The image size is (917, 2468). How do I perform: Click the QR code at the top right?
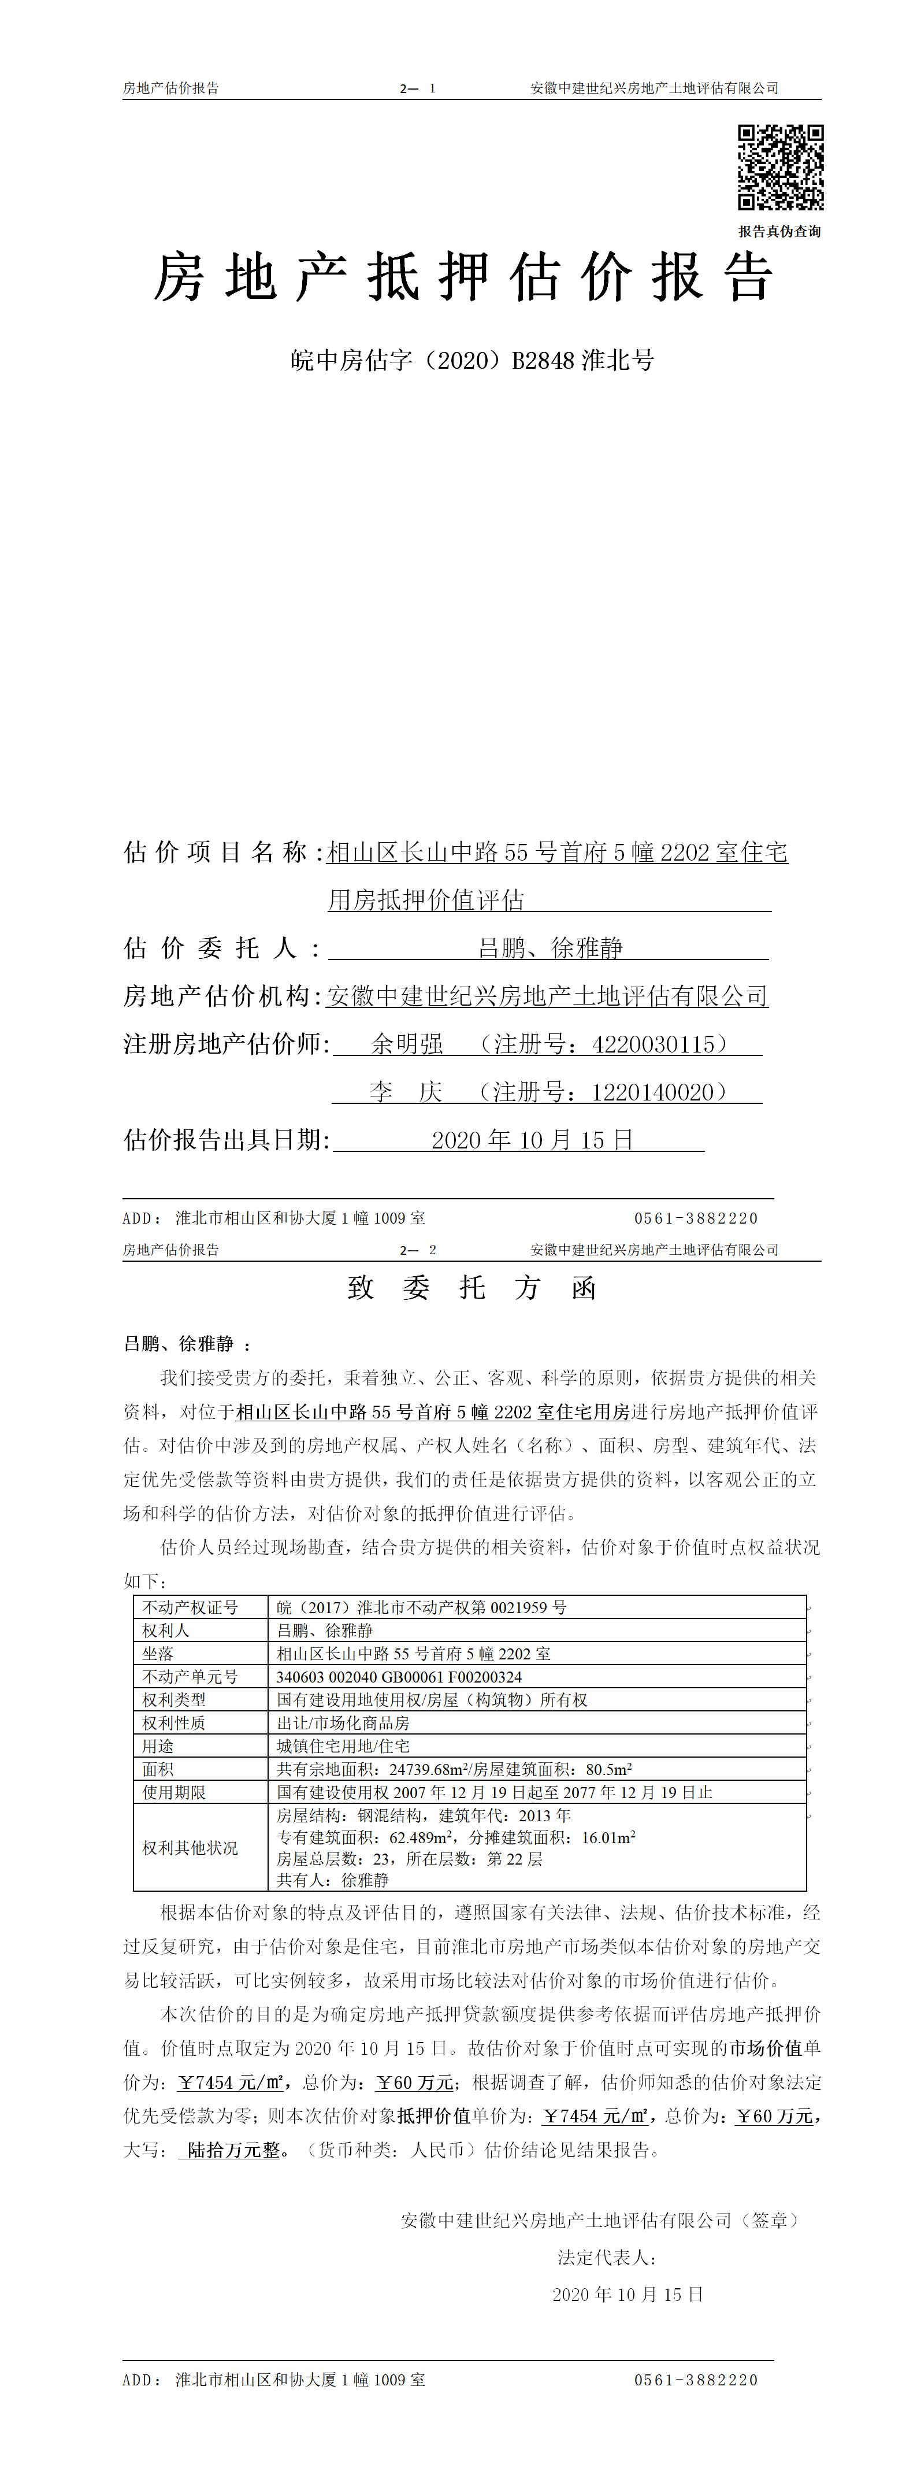pyautogui.click(x=780, y=168)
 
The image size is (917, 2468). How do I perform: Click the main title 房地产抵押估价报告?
pyautogui.click(x=464, y=279)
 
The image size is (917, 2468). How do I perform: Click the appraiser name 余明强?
pyautogui.click(x=408, y=1044)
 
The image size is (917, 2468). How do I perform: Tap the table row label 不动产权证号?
pyautogui.click(x=190, y=1607)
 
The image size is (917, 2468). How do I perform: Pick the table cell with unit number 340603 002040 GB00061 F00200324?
pyautogui.click(x=400, y=1677)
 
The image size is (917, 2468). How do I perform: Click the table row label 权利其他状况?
pyautogui.click(x=190, y=1848)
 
